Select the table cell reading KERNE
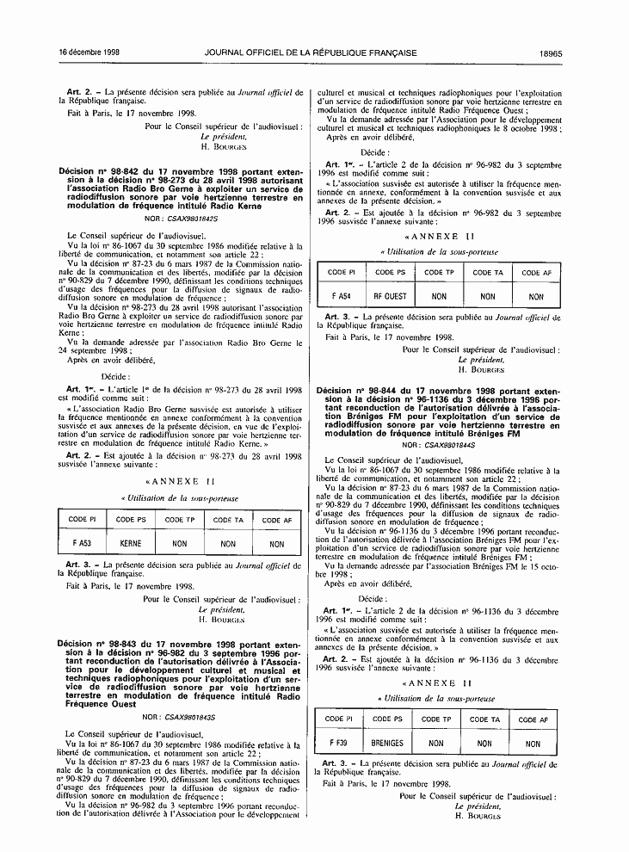point(131,544)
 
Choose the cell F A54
point(342,297)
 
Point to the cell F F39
point(339,743)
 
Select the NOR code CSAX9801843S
point(189,716)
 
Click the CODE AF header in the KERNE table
point(277,520)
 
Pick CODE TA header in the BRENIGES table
point(484,719)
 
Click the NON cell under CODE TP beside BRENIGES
point(436,744)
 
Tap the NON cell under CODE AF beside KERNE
point(277,544)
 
